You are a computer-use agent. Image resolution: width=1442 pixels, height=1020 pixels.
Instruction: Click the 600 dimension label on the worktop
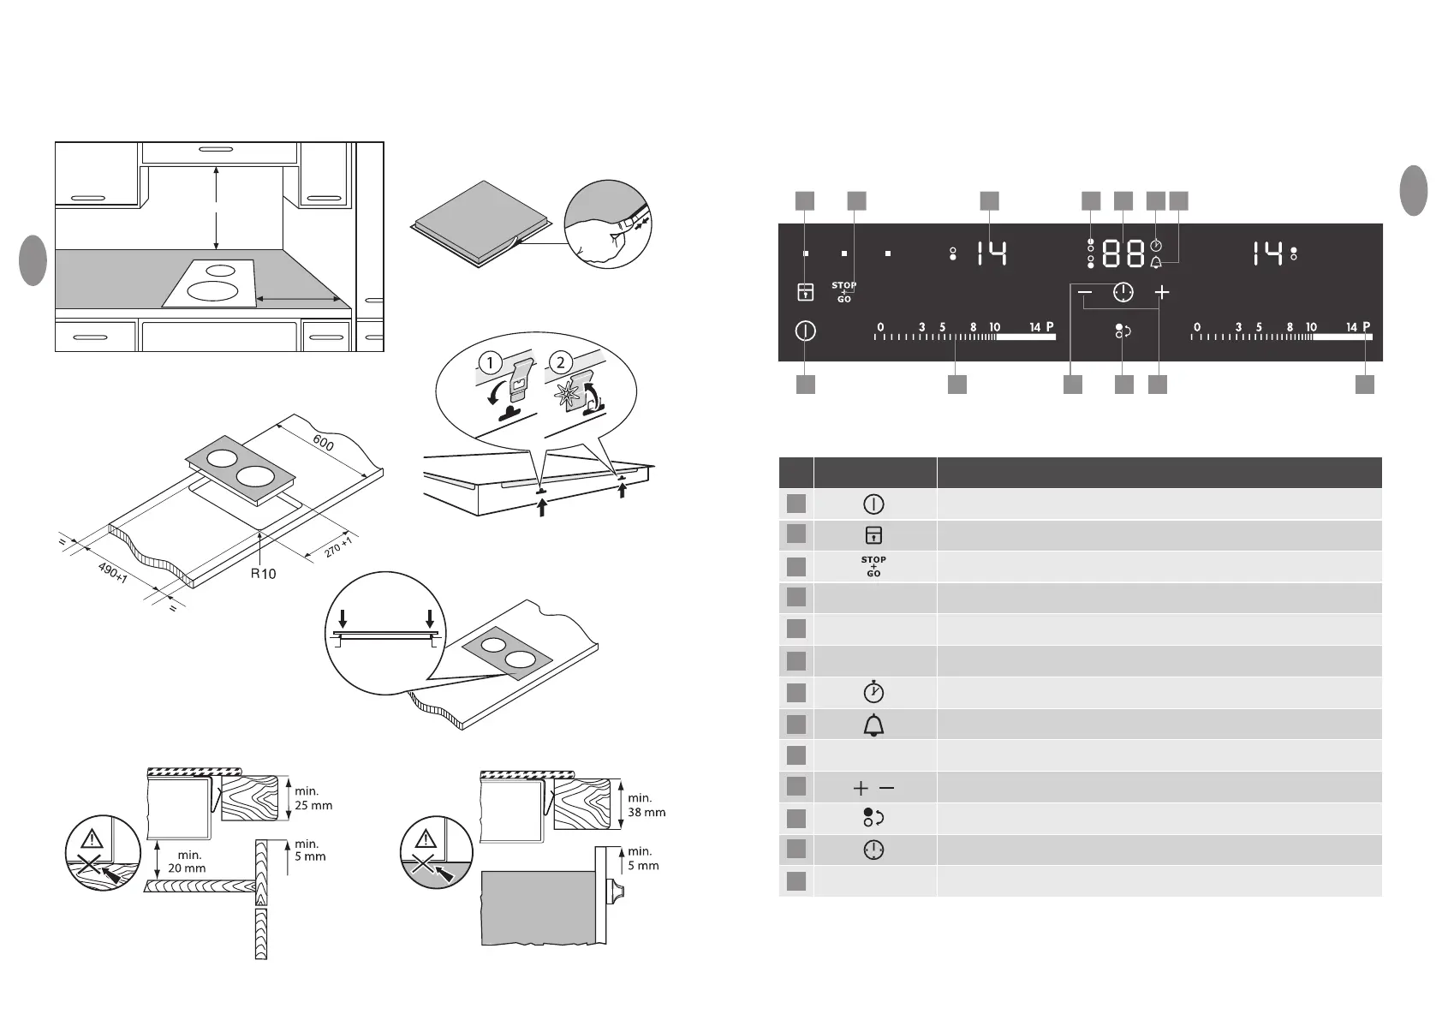point(323,443)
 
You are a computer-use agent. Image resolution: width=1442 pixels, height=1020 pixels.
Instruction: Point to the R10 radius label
point(264,573)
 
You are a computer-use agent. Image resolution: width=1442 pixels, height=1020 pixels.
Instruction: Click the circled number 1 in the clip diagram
point(490,363)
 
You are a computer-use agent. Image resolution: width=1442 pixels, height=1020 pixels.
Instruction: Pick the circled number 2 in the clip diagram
point(560,363)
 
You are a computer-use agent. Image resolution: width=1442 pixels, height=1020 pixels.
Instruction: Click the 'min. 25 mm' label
point(313,799)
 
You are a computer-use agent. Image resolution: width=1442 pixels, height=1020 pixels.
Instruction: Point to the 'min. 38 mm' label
point(647,805)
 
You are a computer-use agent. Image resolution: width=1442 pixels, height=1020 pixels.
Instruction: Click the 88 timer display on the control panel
point(1123,254)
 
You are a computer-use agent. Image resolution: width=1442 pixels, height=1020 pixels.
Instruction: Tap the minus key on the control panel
point(1085,293)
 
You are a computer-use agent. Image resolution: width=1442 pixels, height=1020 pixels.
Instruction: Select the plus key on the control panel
point(1161,293)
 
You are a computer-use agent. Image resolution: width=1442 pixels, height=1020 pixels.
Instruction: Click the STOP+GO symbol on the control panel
point(843,292)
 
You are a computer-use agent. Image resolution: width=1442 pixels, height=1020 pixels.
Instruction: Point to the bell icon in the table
point(873,725)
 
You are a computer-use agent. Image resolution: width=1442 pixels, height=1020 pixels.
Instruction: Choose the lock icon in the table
point(873,535)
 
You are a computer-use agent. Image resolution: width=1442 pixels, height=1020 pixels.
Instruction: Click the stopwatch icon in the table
point(873,692)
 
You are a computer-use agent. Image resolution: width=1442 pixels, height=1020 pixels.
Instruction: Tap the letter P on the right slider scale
point(1367,327)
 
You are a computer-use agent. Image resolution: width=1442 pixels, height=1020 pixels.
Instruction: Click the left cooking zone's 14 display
point(992,254)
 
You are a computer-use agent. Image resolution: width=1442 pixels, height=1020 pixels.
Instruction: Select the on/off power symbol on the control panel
point(805,331)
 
